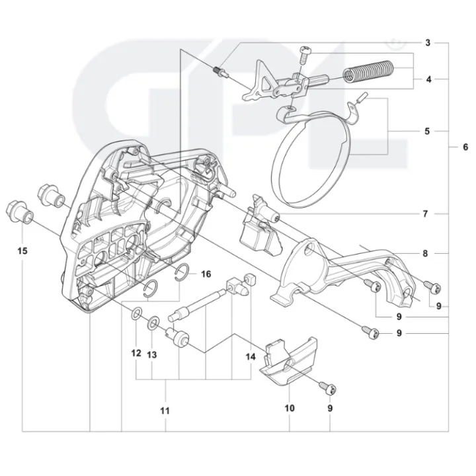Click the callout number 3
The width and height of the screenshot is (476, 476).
[x=428, y=43]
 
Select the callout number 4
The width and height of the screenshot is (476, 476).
[x=428, y=79]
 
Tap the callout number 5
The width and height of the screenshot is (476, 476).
[x=427, y=131]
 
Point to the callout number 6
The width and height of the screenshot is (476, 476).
[x=465, y=147]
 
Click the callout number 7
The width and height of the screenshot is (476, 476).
[x=425, y=214]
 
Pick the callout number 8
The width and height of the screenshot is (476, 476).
[x=425, y=253]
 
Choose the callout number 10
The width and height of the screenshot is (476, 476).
[x=290, y=408]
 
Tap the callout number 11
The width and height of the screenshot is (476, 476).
[x=165, y=411]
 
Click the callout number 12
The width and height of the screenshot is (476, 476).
[x=136, y=353]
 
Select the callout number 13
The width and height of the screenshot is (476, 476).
[x=152, y=354]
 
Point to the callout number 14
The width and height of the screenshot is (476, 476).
[x=251, y=357]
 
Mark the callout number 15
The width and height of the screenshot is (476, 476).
[x=22, y=251]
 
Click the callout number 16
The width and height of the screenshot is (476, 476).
[x=206, y=274]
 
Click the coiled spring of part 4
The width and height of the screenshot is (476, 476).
[x=368, y=71]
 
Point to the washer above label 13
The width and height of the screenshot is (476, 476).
[x=153, y=323]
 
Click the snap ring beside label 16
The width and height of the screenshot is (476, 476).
[x=183, y=273]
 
